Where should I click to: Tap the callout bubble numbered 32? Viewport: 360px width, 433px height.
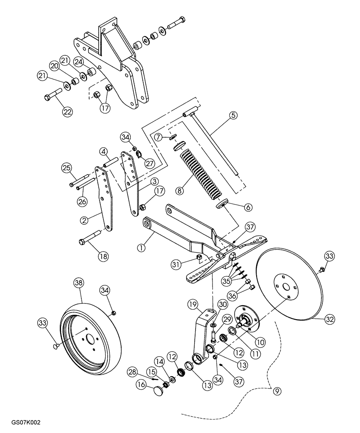pos(330,320)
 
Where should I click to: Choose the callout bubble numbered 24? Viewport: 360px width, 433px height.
pos(78,62)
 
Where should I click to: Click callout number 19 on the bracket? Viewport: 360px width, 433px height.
pos(193,304)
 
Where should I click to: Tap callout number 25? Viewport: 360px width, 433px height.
pos(66,168)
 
